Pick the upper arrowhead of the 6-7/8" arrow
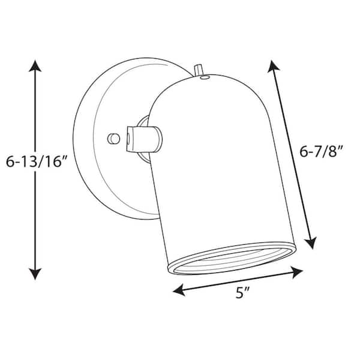(274, 64)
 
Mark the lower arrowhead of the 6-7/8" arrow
(311, 242)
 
